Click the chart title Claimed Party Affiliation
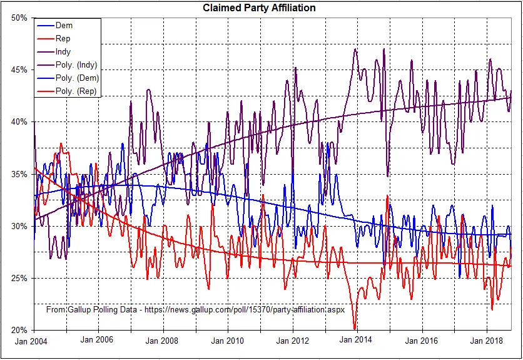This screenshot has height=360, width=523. (258, 8)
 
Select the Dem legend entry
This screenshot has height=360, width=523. (64, 26)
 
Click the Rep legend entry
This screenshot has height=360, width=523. (63, 39)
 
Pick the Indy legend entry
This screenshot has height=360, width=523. (63, 52)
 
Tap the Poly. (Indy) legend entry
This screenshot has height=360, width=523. (76, 65)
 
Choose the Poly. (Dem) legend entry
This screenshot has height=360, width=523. (77, 78)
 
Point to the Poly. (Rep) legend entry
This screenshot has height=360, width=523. (77, 91)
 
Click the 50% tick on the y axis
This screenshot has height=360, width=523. (19, 18)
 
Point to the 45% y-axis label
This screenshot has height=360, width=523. (19, 69)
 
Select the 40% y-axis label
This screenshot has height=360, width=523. (19, 121)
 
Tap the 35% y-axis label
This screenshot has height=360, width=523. (19, 174)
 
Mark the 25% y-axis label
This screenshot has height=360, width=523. (19, 278)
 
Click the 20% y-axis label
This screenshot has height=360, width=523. (19, 330)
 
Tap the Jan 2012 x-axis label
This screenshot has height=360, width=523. (292, 341)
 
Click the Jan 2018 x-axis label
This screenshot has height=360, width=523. (487, 341)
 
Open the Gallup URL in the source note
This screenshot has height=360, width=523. (246, 310)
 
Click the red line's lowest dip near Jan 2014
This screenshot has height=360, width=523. (355, 328)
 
